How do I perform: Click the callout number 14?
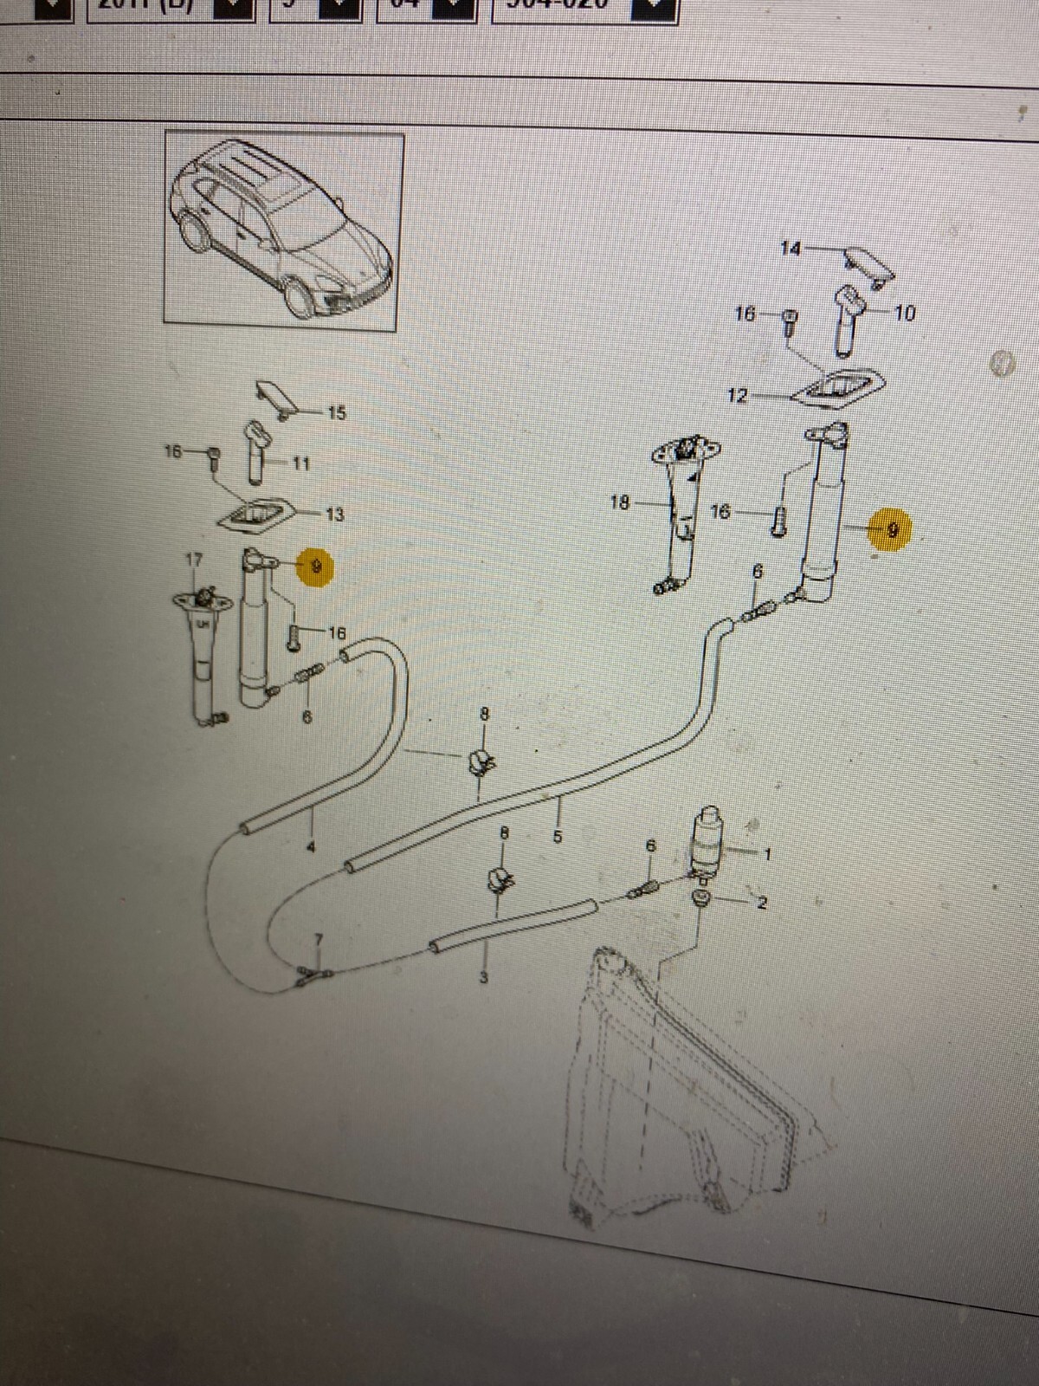790,249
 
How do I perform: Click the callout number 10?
904,313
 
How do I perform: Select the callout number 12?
737,396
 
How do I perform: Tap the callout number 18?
619,502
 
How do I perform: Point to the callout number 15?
337,413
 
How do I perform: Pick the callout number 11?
300,463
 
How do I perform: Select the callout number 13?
334,515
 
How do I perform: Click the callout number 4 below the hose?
311,845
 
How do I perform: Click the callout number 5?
558,837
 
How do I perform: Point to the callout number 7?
318,940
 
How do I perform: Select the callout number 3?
484,978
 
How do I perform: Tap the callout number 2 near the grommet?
762,903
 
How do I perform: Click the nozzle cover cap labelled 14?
868,262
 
